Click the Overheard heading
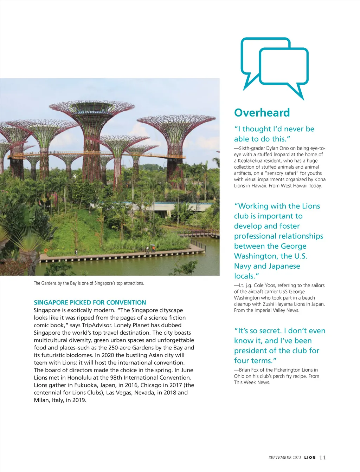coord(262,113)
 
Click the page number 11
coord(323,457)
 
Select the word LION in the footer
coord(310,458)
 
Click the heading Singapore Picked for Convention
coord(90,302)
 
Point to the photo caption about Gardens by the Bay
coord(89,283)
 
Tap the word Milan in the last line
coord(41,400)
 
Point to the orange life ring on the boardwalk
coord(46,250)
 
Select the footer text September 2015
coord(285,458)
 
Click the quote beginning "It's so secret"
coord(279,346)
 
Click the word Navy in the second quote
coord(243,266)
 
